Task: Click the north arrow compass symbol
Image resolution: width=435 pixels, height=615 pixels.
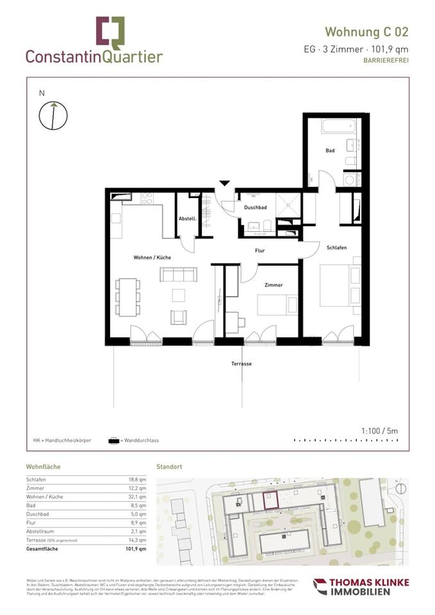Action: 50,116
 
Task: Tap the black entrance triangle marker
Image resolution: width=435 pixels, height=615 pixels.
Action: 224,184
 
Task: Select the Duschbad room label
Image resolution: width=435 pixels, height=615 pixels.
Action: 255,208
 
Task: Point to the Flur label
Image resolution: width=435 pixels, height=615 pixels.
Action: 259,250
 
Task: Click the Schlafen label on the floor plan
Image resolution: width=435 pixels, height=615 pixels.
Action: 336,247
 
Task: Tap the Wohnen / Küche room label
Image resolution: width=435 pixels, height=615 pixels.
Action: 152,257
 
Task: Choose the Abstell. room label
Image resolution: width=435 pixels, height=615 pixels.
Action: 187,218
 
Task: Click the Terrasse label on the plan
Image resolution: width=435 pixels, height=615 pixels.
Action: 242,363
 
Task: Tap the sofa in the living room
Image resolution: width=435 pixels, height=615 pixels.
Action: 178,275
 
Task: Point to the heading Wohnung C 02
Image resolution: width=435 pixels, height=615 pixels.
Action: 366,31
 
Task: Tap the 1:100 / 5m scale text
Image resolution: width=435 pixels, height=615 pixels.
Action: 380,431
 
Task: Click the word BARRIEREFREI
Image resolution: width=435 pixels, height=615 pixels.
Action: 386,60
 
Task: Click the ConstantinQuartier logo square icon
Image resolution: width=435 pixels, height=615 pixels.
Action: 110,32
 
